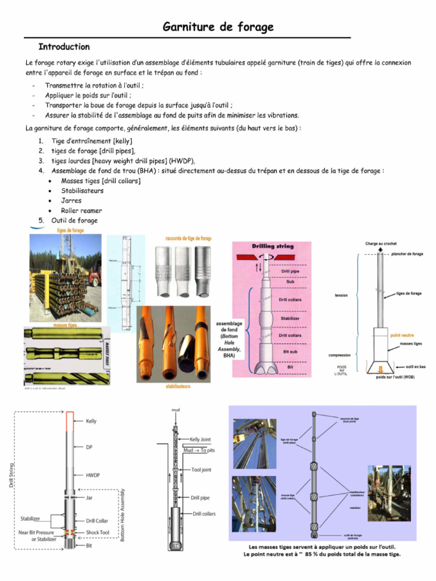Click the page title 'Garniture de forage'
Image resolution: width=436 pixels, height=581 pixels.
coord(219,27)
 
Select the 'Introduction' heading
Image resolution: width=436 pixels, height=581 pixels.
coord(64,47)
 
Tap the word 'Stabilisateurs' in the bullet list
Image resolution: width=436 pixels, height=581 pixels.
coord(82,191)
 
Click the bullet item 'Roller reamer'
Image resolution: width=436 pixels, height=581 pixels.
coord(81,210)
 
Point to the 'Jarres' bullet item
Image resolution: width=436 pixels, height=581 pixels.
coord(71,200)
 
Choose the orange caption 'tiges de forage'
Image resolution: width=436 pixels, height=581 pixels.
coord(70,230)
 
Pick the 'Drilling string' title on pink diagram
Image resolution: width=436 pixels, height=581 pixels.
coord(272,246)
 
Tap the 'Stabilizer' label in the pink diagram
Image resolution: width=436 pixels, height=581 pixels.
coord(290,319)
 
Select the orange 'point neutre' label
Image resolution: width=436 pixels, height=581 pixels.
coord(403,335)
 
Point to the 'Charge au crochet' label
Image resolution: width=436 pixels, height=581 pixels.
coord(380,243)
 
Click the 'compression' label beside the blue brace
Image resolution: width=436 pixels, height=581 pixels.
coord(340,355)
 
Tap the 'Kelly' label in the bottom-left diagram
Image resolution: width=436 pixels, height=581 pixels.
coord(91,422)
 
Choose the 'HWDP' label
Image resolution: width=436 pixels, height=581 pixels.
coord(93,475)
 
